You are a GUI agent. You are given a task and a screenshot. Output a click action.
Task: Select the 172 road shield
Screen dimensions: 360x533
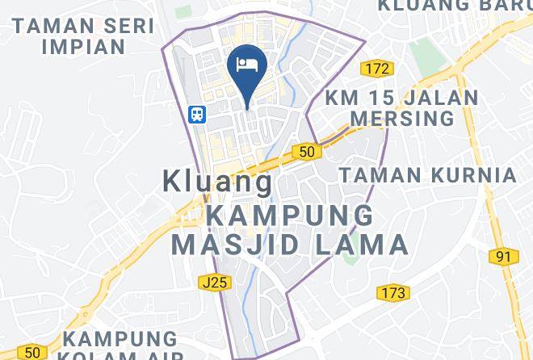pyautogui.click(x=375, y=69)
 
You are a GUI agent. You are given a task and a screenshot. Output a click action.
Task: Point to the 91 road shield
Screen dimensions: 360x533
pyautogui.click(x=504, y=257)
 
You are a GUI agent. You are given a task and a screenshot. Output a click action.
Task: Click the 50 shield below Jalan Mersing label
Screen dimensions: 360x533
pyautogui.click(x=304, y=151)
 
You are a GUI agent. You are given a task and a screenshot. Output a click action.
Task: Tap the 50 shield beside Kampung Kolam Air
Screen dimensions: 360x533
pyautogui.click(x=31, y=352)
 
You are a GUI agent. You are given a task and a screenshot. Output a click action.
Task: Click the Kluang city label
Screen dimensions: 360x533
pyautogui.click(x=218, y=180)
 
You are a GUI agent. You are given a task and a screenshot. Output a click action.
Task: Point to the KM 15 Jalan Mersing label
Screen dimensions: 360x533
pyautogui.click(x=401, y=108)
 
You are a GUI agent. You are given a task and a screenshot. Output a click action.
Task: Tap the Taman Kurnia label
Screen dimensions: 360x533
pyautogui.click(x=427, y=174)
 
